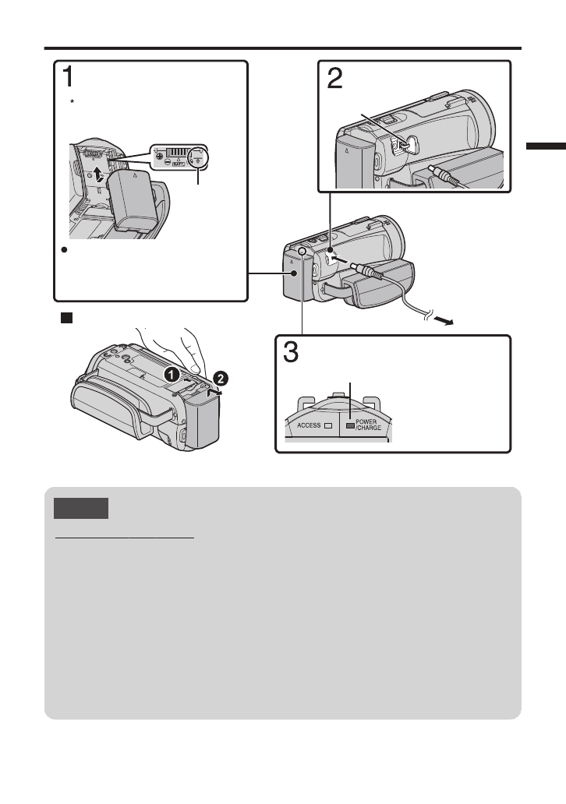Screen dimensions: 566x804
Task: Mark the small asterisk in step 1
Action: point(70,103)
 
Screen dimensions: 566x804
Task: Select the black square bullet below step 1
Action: point(67,318)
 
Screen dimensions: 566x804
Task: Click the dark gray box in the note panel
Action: point(81,510)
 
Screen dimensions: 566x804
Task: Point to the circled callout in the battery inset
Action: point(200,155)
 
